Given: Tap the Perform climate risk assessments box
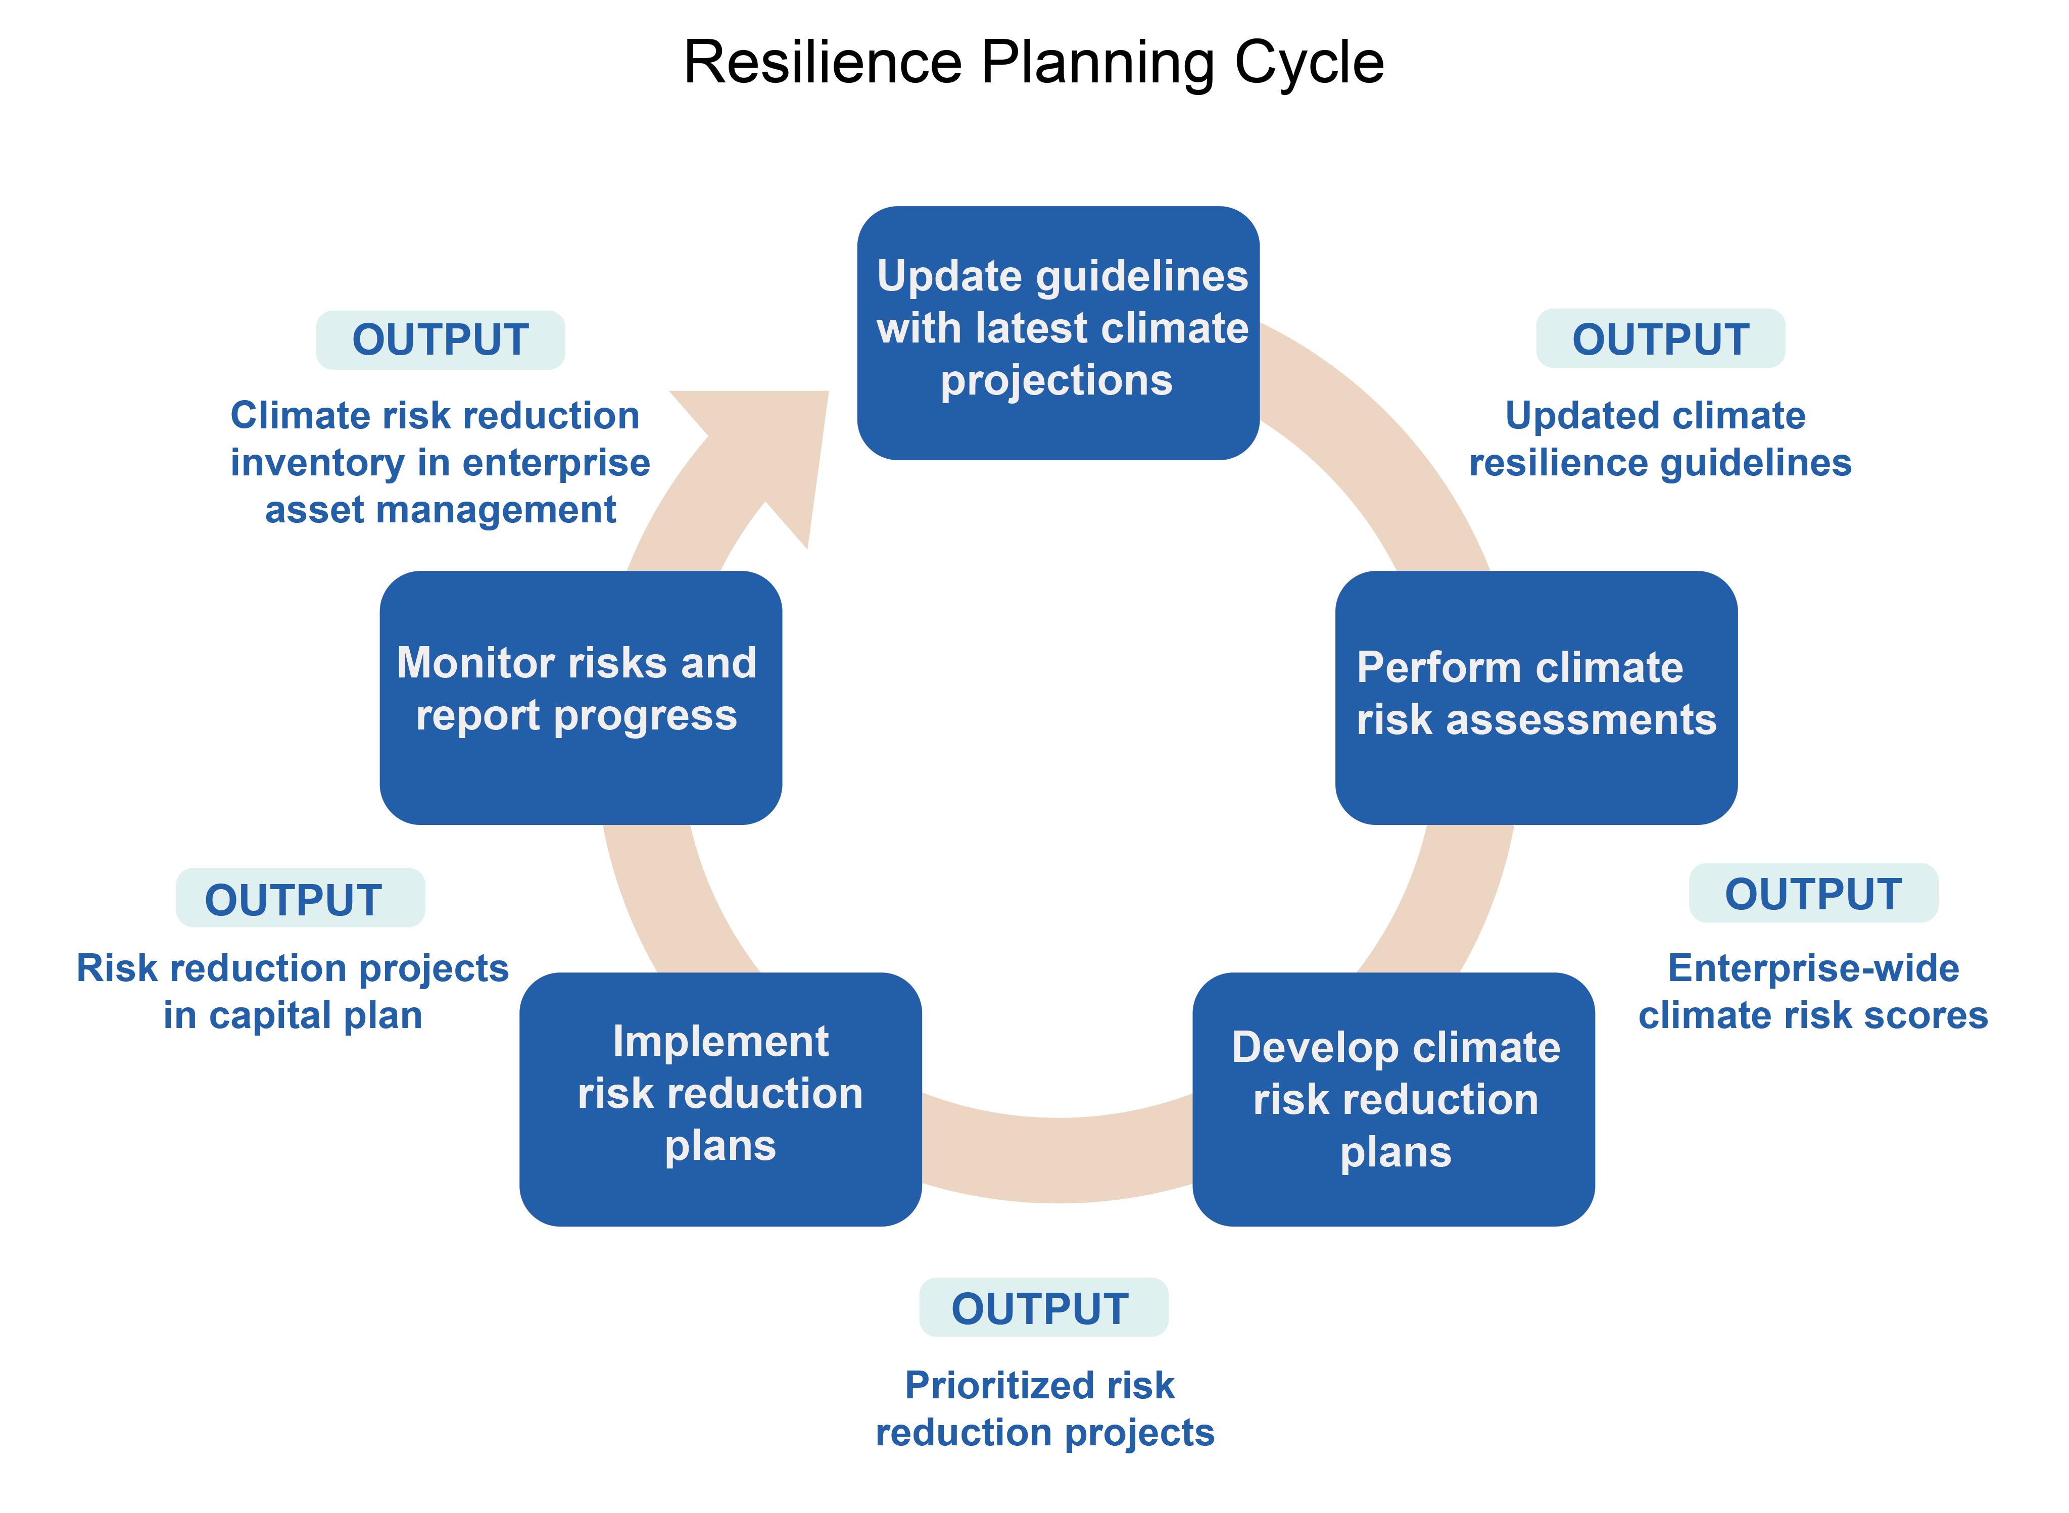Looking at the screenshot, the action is coord(1536,697).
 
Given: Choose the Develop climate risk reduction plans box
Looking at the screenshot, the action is coord(1393,1099).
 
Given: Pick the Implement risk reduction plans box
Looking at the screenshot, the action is coord(720,1099).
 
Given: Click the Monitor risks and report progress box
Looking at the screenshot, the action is coord(581,697).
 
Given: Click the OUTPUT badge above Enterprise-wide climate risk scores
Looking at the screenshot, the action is coord(1813,893).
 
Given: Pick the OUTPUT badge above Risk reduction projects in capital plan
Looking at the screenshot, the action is coord(301,898).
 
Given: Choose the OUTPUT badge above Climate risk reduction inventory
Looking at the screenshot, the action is coord(441,340).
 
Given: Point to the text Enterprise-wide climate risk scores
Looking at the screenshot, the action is coord(1813,992).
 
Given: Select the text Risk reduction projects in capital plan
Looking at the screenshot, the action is coord(292,992).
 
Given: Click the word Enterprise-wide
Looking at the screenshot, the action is coord(1813,968).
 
